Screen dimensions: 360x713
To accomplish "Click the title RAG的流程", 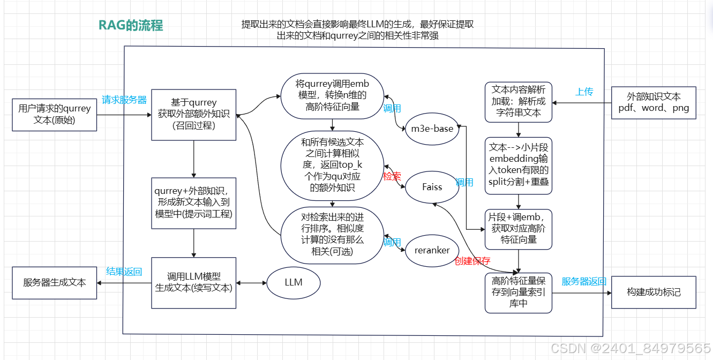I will coord(131,25).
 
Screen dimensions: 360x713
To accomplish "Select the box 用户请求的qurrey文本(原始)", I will coord(55,114).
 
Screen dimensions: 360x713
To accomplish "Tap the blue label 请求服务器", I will coord(124,100).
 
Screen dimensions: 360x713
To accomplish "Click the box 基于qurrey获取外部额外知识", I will coord(194,114).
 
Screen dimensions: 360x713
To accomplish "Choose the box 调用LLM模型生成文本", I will coord(194,282).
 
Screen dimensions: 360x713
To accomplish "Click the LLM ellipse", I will coord(294,282).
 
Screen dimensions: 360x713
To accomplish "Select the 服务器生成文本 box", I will coord(55,282).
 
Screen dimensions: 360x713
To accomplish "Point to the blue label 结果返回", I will coord(124,271).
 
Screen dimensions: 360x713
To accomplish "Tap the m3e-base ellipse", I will coord(432,129).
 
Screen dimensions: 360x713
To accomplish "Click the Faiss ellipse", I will coord(432,187).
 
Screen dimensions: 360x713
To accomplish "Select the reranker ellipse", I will coord(432,250).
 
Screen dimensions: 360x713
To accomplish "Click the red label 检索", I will coord(392,176).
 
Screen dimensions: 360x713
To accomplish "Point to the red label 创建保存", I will coord(472,261).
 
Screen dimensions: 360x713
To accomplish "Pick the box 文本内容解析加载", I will coord(518,102).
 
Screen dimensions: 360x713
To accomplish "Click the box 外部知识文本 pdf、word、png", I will coord(654,102).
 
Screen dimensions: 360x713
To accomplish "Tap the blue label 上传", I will coord(584,92).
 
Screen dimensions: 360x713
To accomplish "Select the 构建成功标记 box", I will coord(654,292).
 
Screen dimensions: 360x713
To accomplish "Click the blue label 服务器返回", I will coord(584,281).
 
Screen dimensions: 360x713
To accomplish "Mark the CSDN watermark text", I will coord(631,348).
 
